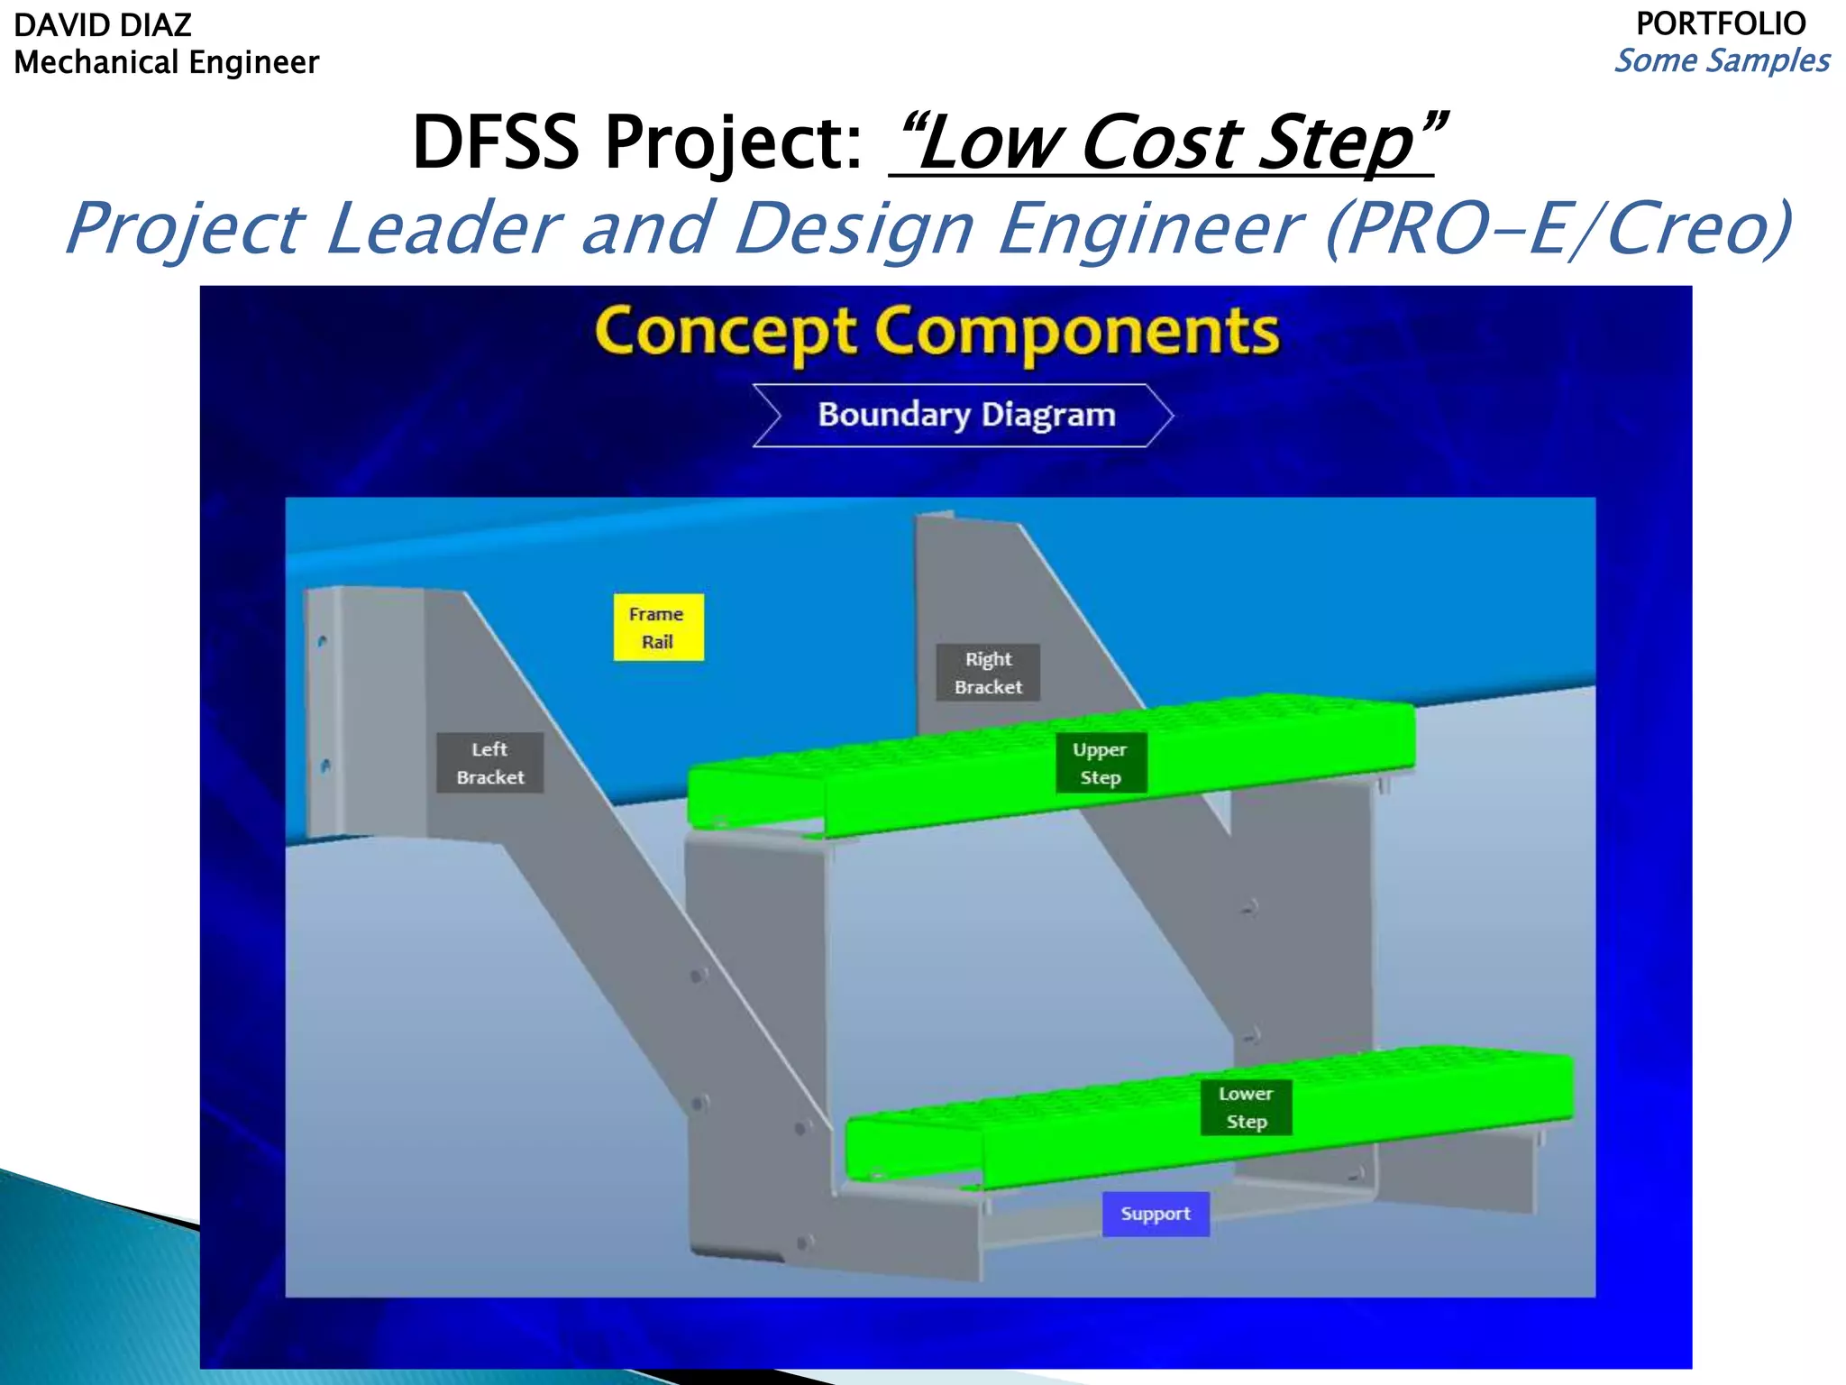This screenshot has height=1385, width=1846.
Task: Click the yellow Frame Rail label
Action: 658,627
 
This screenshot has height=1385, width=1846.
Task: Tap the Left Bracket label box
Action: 489,763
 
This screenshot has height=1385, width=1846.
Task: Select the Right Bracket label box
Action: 988,673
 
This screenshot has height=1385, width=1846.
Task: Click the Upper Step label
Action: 1101,764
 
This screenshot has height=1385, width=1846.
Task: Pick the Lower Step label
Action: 1246,1107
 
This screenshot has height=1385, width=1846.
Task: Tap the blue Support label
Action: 1156,1214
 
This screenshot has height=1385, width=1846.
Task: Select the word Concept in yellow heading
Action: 726,332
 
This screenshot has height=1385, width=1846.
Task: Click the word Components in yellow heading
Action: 1076,332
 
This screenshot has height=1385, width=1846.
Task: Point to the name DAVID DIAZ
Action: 103,25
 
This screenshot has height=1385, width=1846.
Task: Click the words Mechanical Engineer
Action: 167,62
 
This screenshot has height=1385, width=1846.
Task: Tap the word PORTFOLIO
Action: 1721,23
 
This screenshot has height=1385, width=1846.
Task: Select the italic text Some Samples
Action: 1722,60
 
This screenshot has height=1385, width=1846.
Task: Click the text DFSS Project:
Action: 637,142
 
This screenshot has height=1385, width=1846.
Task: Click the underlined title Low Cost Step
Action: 1167,142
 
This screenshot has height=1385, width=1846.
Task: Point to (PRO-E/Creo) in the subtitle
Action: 1558,229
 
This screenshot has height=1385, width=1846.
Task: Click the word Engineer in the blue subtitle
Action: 1149,229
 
